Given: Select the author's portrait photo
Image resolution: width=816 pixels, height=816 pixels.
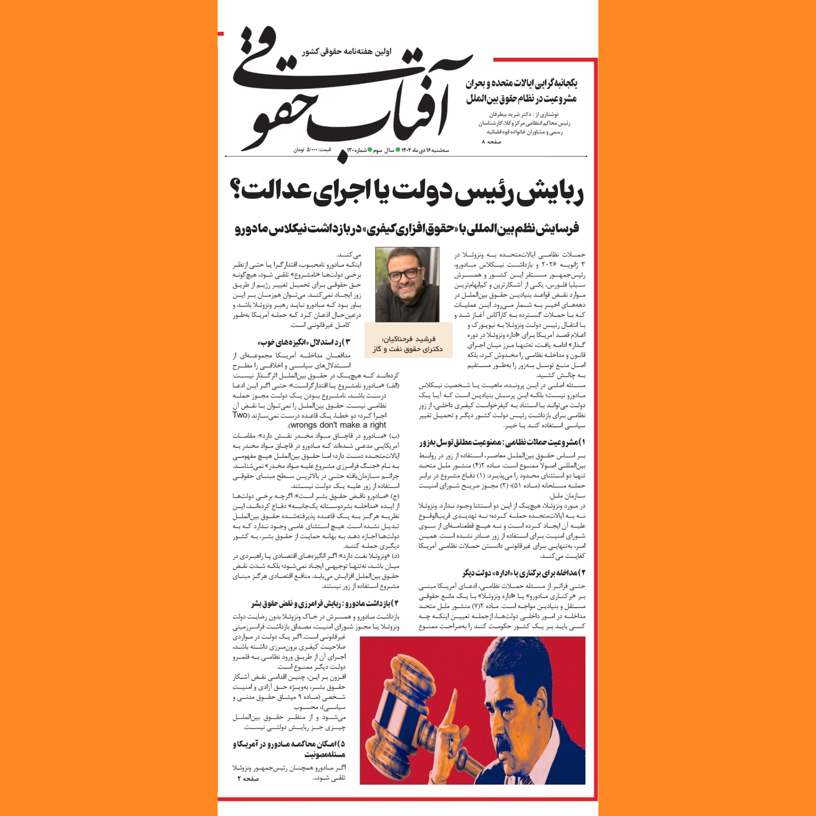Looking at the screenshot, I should (407, 284).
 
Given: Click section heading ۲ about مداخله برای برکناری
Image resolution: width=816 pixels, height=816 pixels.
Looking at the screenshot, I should (523, 573).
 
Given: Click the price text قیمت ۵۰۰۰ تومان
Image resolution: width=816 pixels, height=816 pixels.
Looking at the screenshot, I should (312, 150).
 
